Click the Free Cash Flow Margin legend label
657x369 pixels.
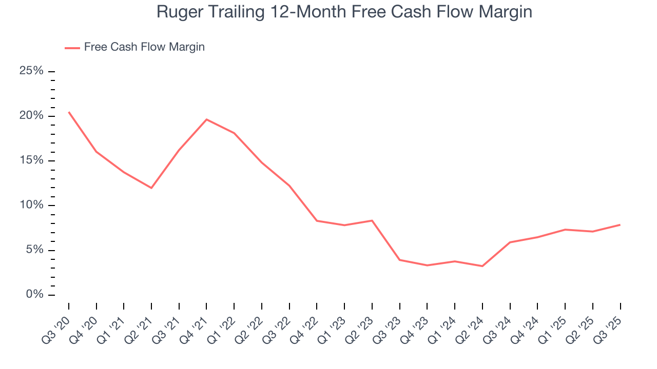144,47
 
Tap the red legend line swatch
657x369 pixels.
72,48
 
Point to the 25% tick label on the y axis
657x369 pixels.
31,71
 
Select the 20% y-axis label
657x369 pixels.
31,116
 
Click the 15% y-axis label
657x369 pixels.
31,160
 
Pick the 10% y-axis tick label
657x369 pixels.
31,206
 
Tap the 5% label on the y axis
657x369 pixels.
34,250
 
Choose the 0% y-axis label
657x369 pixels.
34,295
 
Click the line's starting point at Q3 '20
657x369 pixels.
69,112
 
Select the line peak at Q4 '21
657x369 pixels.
206,119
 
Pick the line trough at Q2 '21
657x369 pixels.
151,188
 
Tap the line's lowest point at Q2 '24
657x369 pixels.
482,266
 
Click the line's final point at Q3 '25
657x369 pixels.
620,224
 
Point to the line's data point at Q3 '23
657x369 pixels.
399,260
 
